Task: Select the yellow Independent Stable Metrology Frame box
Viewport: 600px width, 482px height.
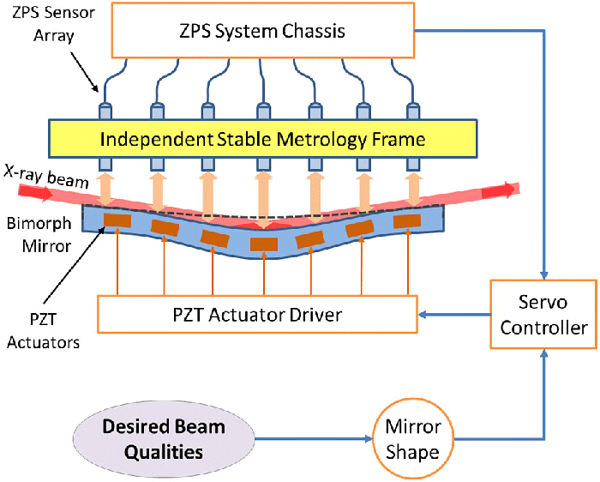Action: tap(262, 139)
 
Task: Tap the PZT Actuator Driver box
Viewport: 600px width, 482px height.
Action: tap(257, 315)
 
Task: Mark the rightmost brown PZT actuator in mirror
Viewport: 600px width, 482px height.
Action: tap(407, 221)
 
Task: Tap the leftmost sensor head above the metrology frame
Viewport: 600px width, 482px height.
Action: tap(107, 111)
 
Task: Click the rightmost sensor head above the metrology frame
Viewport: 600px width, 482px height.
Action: tap(413, 111)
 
